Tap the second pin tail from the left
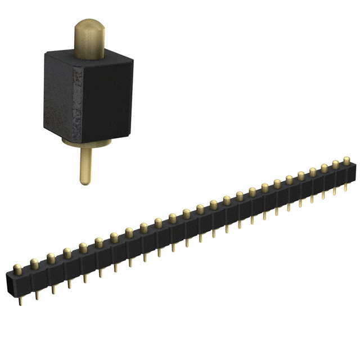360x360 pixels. (37, 295)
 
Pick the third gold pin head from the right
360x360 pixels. (325, 168)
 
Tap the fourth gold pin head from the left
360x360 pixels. (67, 253)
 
